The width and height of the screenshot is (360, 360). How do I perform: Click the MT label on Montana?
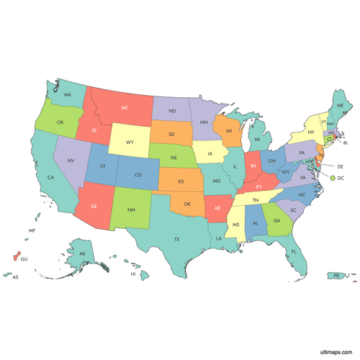[x=125, y=107]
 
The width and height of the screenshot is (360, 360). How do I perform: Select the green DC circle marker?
[x=332, y=177]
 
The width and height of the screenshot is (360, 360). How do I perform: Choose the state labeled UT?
[x=103, y=166]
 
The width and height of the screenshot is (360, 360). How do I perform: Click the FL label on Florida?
[x=294, y=252]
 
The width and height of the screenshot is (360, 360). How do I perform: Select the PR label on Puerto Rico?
[x=336, y=275]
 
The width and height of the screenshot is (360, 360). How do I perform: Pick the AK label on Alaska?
[x=82, y=254]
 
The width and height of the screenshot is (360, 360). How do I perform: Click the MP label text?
[x=32, y=231]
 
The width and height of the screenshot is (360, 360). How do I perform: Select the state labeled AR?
[x=217, y=207]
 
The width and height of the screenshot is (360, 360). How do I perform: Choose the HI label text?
[x=132, y=274]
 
